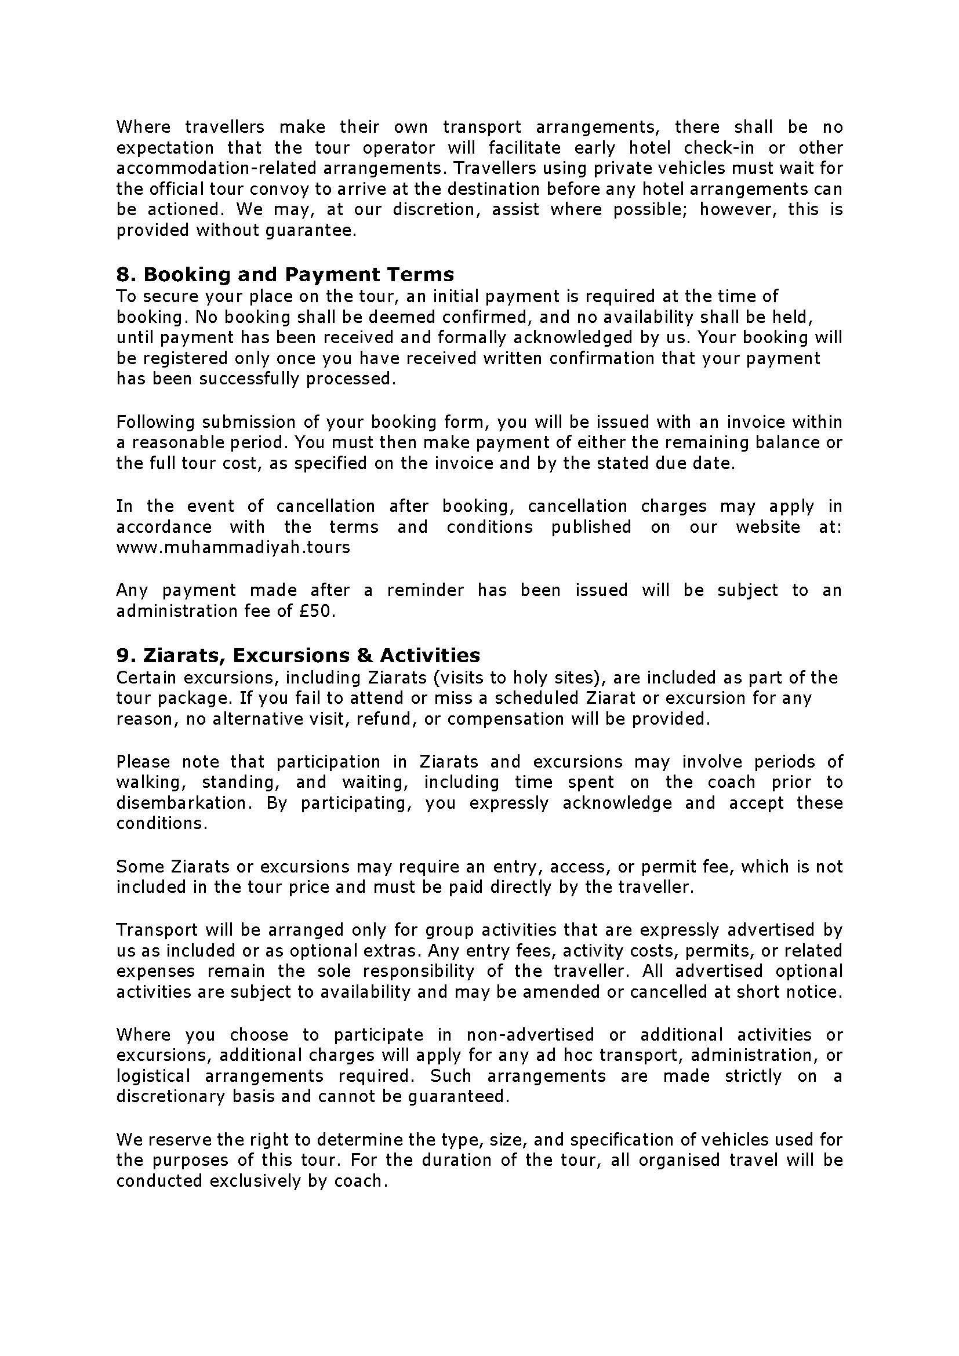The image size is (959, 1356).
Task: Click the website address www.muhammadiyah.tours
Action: pyautogui.click(x=233, y=547)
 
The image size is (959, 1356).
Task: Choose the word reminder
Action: pyautogui.click(x=425, y=590)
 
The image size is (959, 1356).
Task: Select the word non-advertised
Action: pyautogui.click(x=530, y=1035)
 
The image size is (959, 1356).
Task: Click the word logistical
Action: pyautogui.click(x=153, y=1076)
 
